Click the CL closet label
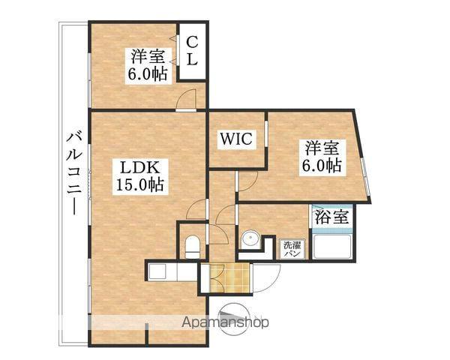(191, 51)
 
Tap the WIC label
(238, 139)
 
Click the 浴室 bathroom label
(331, 217)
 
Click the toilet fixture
(191, 244)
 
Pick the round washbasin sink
(249, 241)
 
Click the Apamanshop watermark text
(225, 323)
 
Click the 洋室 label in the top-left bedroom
(148, 56)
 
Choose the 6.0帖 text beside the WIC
(322, 165)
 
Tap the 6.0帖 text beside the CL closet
(148, 73)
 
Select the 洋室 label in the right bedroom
(322, 147)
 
